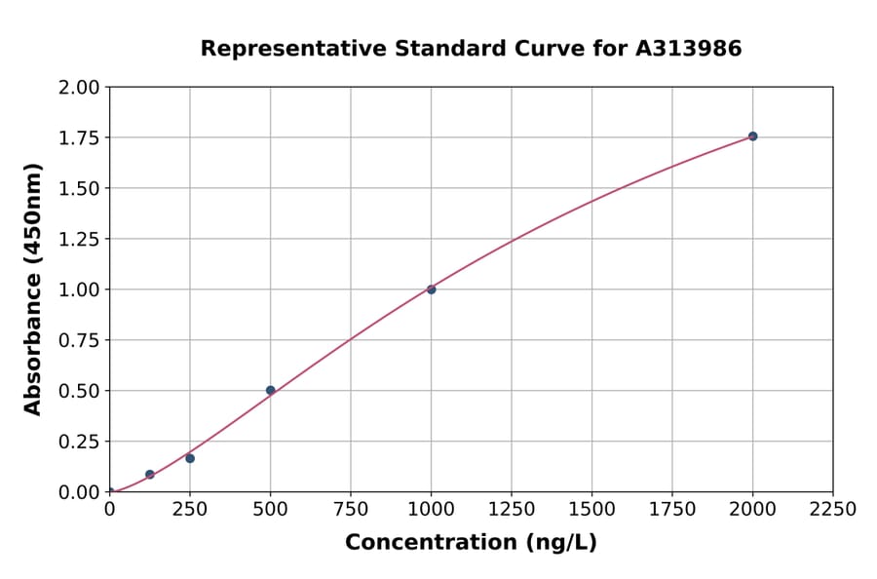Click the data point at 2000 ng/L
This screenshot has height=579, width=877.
(752, 136)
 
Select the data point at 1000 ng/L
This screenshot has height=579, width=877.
(431, 289)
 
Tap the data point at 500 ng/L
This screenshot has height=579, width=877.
(271, 390)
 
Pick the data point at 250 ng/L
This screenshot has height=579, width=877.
(190, 458)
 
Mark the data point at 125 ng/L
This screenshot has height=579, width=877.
(150, 475)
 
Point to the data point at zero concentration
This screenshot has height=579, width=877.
(110, 491)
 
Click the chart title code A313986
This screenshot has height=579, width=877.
(689, 49)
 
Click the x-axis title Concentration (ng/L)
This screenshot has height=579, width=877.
(471, 543)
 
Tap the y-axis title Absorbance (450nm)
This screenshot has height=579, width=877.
(33, 289)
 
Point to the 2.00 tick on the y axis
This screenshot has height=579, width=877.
(79, 88)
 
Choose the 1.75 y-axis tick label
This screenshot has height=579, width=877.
(79, 138)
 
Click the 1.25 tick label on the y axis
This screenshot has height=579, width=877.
(79, 239)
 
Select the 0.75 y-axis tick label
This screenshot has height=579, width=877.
(79, 340)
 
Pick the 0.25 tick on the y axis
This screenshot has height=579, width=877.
(79, 442)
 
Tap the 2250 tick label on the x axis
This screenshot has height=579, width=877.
(832, 510)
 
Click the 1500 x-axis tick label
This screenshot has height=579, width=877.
(591, 510)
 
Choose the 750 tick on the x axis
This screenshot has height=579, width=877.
(351, 510)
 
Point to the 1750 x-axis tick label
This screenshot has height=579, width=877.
(671, 510)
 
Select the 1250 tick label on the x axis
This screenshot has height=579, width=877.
(512, 510)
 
